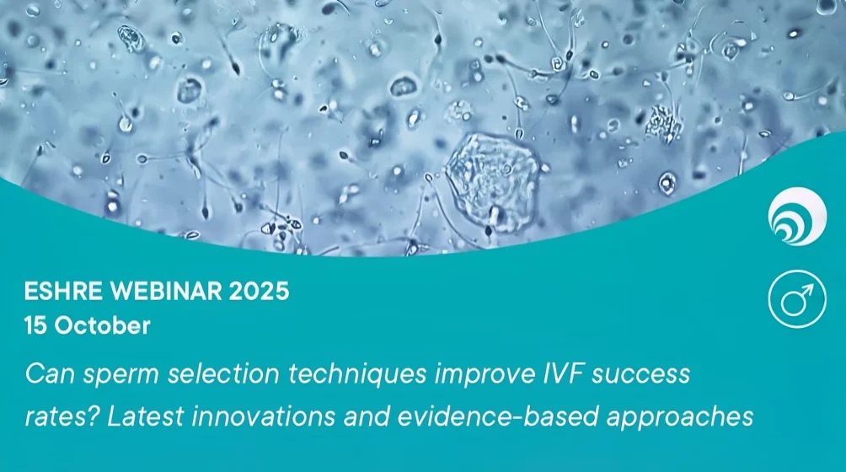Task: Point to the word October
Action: pyautogui.click(x=102, y=325)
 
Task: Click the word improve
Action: pyautogui.click(x=464, y=373)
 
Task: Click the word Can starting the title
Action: pyautogui.click(x=46, y=373)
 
